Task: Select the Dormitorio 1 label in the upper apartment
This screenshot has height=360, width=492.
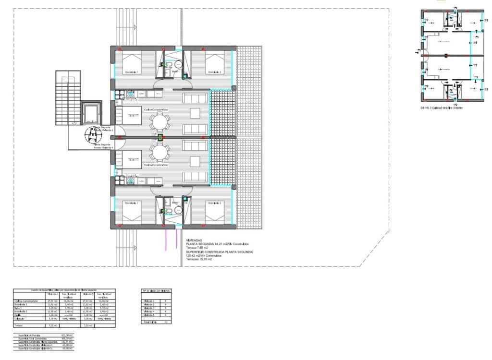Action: pos(132,72)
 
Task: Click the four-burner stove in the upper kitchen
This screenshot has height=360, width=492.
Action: pos(130,95)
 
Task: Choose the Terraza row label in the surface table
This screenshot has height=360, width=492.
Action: pos(19,325)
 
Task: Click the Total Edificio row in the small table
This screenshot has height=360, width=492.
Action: pos(149,322)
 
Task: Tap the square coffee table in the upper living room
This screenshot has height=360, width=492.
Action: pos(195,113)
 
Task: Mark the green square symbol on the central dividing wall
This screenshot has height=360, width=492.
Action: pos(160,137)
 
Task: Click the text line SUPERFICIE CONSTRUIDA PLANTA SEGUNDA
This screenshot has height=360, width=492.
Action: pos(219,252)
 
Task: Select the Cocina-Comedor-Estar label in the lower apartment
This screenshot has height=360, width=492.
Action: pos(132,165)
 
